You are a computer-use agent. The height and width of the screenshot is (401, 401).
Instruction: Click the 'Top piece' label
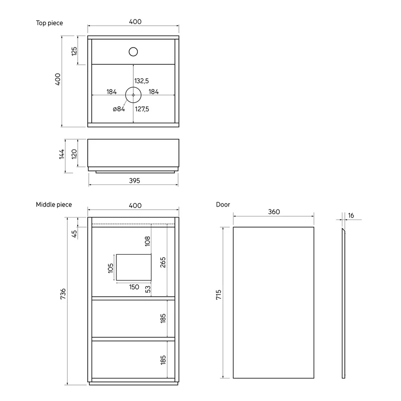coord(49,23)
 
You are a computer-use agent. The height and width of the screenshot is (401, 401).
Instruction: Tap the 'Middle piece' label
coord(54,205)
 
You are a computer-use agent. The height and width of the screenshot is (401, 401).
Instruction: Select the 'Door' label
coord(223,205)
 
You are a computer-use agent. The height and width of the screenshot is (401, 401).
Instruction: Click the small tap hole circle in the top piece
coord(133,52)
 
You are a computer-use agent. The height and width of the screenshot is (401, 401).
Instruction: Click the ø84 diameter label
coord(119,109)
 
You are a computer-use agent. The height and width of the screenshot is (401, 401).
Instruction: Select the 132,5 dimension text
coord(142,81)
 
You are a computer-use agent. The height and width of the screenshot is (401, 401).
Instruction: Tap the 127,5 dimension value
coord(142,109)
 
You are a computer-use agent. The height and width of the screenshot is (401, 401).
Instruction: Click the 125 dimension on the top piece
coord(74,51)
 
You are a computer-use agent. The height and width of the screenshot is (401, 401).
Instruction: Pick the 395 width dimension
coord(134,180)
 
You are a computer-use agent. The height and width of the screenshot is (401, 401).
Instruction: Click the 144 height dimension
coord(62,154)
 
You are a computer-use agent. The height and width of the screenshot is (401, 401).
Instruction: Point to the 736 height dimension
coord(63,294)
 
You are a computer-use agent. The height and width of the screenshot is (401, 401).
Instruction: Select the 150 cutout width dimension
coord(134,287)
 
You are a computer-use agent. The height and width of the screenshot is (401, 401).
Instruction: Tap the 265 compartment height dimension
coord(163,262)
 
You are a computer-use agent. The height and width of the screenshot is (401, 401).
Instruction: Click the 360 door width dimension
coord(274,212)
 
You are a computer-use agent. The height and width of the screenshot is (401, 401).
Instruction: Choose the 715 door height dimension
coord(219,295)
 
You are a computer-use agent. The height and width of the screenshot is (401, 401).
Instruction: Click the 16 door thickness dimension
coord(351,216)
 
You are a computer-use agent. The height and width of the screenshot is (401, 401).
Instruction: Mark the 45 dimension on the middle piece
coord(74,234)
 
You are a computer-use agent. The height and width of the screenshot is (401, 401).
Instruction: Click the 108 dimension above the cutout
coord(147,241)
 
